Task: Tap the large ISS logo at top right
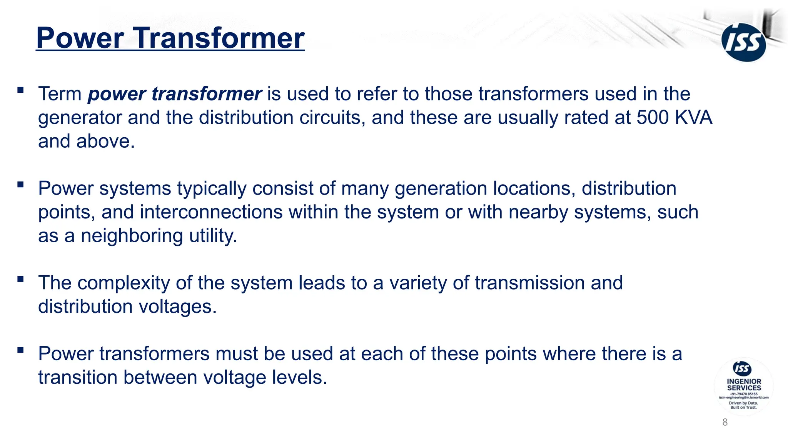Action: click(743, 42)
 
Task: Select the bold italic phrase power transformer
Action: click(175, 94)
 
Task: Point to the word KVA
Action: click(693, 117)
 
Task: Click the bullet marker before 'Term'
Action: click(20, 90)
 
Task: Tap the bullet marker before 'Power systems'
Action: click(20, 185)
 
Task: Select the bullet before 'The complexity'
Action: click(20, 279)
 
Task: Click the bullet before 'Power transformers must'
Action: click(20, 350)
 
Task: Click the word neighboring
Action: click(132, 236)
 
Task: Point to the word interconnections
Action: click(211, 212)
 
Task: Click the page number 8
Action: click(725, 422)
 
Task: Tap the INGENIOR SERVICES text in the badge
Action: click(744, 385)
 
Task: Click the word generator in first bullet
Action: click(80, 118)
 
